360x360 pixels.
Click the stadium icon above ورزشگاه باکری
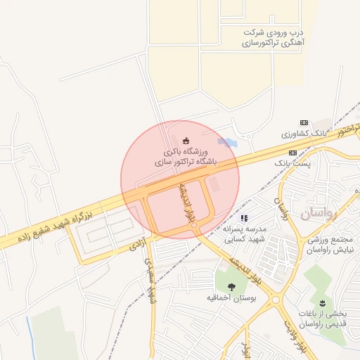(186, 140)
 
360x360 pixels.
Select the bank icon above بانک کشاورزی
(304, 122)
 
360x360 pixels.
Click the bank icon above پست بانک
(292, 153)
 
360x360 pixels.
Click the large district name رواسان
(319, 213)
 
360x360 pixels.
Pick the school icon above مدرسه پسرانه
(244, 219)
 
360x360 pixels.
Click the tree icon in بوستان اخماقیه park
(232, 286)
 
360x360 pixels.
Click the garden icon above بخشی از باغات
(323, 302)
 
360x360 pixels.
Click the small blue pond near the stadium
(227, 142)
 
